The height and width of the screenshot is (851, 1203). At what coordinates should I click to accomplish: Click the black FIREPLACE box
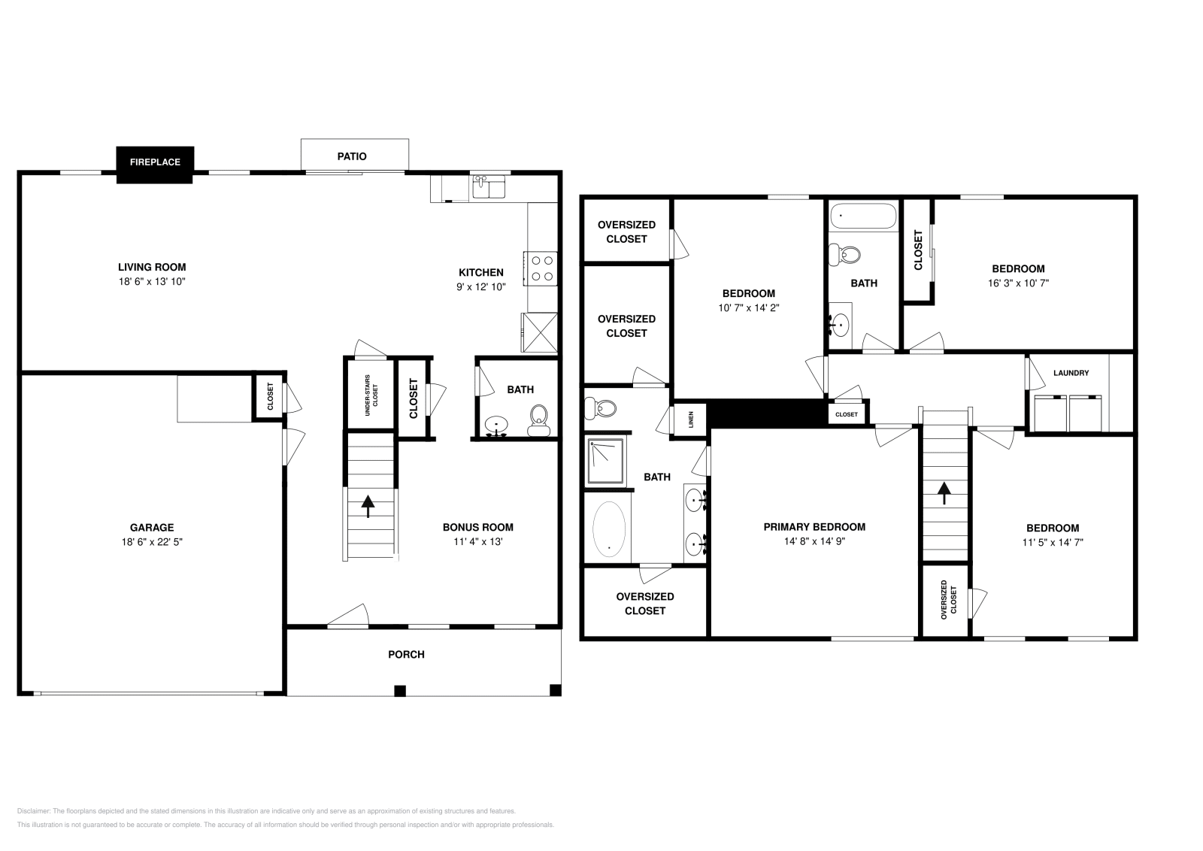[x=155, y=162]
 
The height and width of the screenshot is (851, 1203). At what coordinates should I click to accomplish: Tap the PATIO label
[x=352, y=156]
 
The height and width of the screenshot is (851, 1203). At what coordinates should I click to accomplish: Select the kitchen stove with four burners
[x=542, y=268]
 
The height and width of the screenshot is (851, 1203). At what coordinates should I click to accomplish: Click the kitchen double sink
[x=489, y=186]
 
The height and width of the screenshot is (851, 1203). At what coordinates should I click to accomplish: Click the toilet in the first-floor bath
[x=539, y=420]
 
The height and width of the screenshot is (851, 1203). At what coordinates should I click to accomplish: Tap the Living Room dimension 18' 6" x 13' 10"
[x=152, y=281]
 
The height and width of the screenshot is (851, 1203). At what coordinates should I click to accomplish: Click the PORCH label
[x=406, y=655]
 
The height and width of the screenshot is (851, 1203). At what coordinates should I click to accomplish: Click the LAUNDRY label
[x=1071, y=373]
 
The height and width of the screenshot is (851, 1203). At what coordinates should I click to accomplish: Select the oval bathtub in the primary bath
[x=609, y=528]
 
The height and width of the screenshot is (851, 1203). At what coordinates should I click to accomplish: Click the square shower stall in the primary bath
[x=605, y=461]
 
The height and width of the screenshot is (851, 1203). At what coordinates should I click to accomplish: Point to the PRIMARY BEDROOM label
[x=814, y=527]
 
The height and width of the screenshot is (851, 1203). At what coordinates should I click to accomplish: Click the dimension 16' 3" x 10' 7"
[x=1018, y=283]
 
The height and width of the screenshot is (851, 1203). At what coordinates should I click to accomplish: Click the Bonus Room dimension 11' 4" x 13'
[x=477, y=541]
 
